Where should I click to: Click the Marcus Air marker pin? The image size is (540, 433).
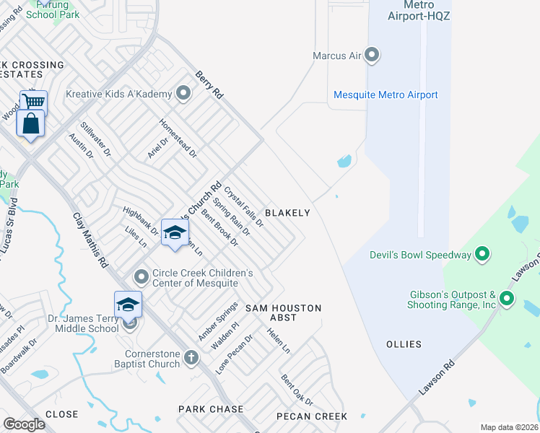pyautogui.click(x=372, y=55)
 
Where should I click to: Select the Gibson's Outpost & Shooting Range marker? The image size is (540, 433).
pyautogui.click(x=507, y=299)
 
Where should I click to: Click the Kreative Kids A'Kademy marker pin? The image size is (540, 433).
pyautogui.click(x=183, y=93)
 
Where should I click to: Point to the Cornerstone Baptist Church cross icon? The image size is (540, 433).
pyautogui.click(x=191, y=357)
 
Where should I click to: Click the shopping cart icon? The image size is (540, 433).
pyautogui.click(x=33, y=102)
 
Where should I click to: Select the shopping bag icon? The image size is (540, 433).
pyautogui.click(x=31, y=123)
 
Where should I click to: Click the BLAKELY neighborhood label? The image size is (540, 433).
pyautogui.click(x=287, y=213)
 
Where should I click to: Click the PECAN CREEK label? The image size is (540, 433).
pyautogui.click(x=312, y=416)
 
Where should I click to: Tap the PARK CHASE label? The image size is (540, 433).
pyautogui.click(x=211, y=409)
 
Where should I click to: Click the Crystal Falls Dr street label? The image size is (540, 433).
pyautogui.click(x=243, y=207)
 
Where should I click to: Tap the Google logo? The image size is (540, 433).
pyautogui.click(x=24, y=424)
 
